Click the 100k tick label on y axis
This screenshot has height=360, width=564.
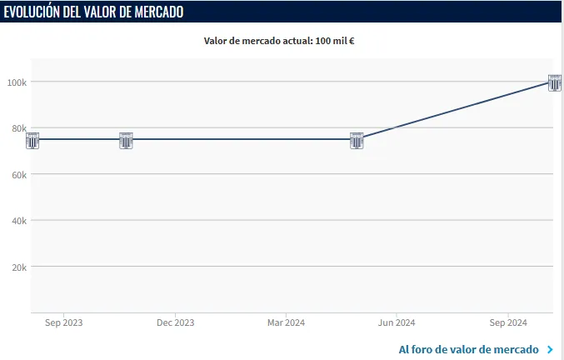pos(17,82)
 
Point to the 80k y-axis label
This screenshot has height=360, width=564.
pos(19,128)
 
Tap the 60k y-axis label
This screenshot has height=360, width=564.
pos(19,174)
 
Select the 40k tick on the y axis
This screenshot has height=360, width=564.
pos(19,221)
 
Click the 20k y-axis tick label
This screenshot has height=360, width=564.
pos(19,267)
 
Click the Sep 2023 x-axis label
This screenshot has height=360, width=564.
pos(63,322)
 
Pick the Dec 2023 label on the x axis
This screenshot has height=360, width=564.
pos(175,322)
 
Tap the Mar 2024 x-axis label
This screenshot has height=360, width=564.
pos(285,322)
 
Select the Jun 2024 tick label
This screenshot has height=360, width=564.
pos(397,322)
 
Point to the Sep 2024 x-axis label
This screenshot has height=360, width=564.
pos(507,322)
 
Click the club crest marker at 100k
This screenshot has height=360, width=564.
pos(555,82)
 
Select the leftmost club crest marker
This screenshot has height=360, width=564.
pos(32,140)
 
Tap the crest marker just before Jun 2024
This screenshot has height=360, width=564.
pos(357,140)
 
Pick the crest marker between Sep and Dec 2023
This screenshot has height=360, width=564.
pos(126,140)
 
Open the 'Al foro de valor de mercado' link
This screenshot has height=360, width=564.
pos(468,349)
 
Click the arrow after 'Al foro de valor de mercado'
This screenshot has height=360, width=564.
pos(550,349)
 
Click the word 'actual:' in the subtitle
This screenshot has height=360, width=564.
pos(297,40)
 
